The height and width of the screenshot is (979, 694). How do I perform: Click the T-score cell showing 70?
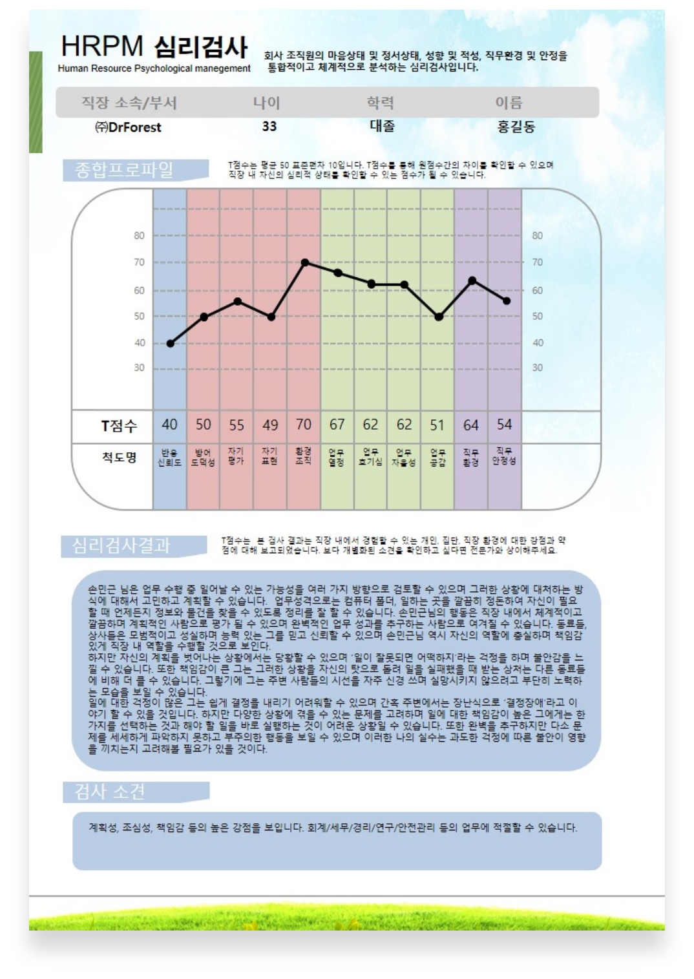304,425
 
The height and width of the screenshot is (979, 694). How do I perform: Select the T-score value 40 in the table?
169,425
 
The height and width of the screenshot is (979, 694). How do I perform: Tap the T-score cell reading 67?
337,425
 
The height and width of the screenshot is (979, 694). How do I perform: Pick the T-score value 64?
471,425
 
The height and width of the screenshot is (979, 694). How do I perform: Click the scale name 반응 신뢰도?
169,458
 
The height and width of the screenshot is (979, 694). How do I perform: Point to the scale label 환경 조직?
303,456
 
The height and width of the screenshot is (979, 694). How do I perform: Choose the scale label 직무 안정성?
504,456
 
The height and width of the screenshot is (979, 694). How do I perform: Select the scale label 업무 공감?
437,458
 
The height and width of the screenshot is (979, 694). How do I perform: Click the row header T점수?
119,426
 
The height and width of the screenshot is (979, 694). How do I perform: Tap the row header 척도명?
119,458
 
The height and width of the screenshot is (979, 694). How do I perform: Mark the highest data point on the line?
304,262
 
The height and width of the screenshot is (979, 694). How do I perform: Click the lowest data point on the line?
171,344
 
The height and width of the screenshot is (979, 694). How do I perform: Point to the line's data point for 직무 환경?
472,280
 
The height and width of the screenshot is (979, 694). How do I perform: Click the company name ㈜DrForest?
128,127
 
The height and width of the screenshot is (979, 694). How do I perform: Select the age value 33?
269,127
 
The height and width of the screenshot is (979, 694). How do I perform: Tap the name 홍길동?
516,127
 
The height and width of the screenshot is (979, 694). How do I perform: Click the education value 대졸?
382,126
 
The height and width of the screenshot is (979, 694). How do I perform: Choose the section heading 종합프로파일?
124,170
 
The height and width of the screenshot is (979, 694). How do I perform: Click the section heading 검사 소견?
110,792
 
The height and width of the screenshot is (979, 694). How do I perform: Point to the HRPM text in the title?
101,47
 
